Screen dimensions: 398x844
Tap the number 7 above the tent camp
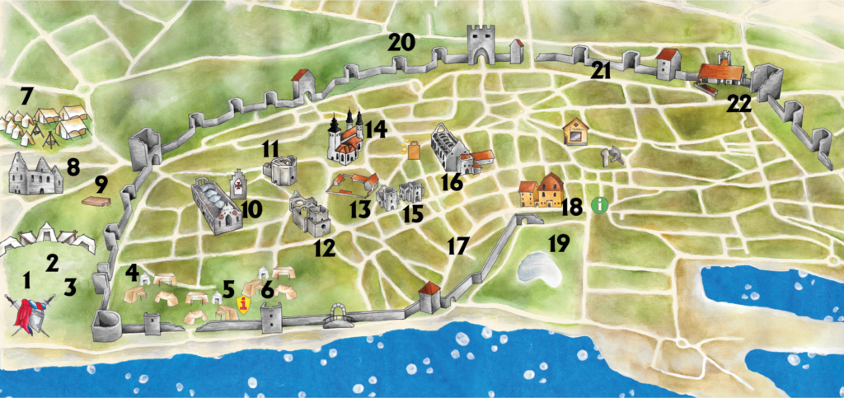click(26, 96)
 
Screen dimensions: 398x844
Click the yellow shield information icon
click(244, 306)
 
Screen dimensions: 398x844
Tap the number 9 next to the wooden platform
click(101, 182)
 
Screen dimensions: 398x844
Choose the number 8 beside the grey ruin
click(73, 167)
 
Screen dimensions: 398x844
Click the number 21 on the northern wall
click(600, 72)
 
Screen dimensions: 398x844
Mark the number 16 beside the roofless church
click(452, 181)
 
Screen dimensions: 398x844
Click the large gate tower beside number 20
click(480, 43)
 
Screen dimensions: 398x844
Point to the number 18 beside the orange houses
click(572, 206)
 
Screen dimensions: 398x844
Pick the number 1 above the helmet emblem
click(26, 280)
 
